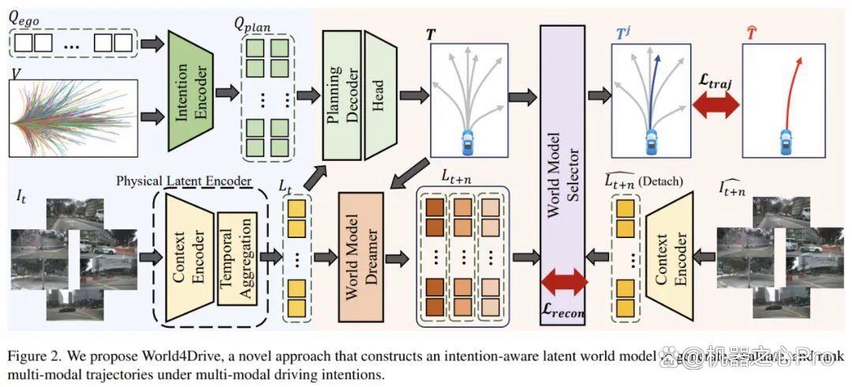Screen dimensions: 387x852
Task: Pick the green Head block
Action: pos(379,93)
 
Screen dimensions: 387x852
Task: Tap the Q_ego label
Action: pos(24,17)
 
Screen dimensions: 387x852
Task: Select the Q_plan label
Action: pos(252,25)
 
